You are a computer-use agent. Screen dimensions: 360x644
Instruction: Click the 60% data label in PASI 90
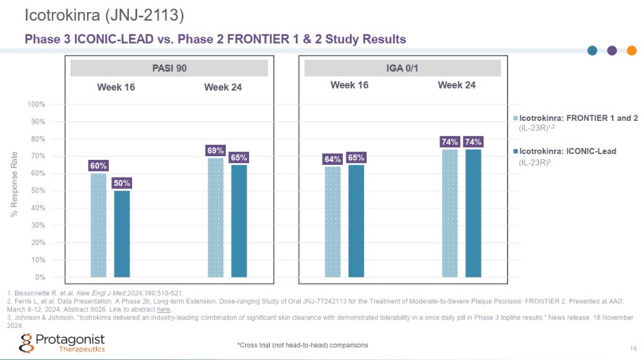[x=99, y=166]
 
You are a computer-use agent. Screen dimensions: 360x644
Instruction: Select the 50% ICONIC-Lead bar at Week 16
[x=121, y=233]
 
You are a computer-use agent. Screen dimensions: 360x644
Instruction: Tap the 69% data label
[x=215, y=150]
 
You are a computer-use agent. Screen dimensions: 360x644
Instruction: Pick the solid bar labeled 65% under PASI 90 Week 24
[x=239, y=221]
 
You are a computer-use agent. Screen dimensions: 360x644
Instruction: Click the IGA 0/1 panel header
[x=402, y=68]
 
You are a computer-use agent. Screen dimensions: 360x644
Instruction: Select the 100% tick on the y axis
[x=37, y=104]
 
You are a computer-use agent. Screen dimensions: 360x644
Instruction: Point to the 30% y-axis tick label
[x=38, y=225]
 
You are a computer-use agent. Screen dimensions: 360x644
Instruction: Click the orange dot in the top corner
[x=631, y=51]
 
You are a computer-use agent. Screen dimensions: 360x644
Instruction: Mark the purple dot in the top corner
[x=612, y=51]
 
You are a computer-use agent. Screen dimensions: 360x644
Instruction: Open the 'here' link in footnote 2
[x=164, y=309]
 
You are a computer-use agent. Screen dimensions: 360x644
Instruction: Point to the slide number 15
[x=633, y=349]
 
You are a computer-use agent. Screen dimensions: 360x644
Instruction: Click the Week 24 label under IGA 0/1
[x=457, y=85]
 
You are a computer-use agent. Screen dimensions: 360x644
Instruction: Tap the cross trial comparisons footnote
[x=303, y=345]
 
